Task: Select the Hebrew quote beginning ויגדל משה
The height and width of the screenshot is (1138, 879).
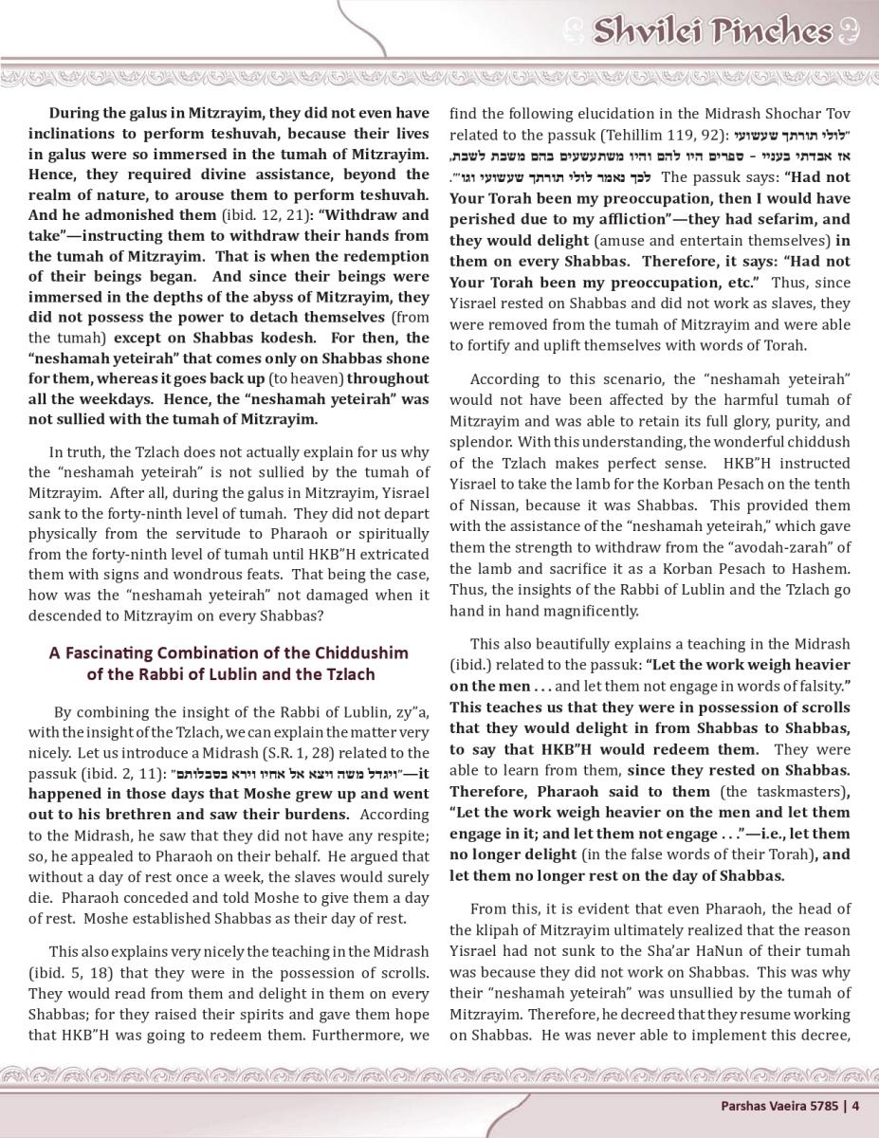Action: pos(287,774)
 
